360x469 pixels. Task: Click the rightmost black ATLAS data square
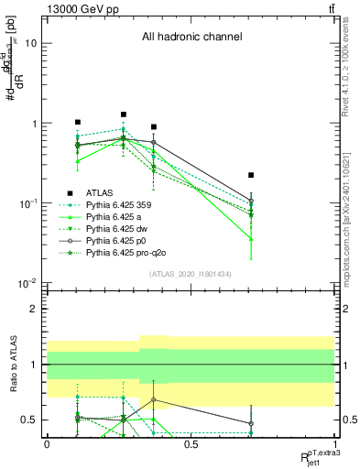[251, 175]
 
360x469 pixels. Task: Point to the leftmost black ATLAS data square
[78, 122]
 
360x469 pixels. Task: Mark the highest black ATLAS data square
[124, 115]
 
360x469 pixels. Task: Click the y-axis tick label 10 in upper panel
[30, 43]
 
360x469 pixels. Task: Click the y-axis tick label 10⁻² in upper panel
[27, 283]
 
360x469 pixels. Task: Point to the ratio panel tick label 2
[33, 309]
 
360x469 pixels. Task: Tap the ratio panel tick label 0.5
[29, 420]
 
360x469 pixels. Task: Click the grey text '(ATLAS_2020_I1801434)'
[191, 275]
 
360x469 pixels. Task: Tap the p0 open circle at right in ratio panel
[251, 424]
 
